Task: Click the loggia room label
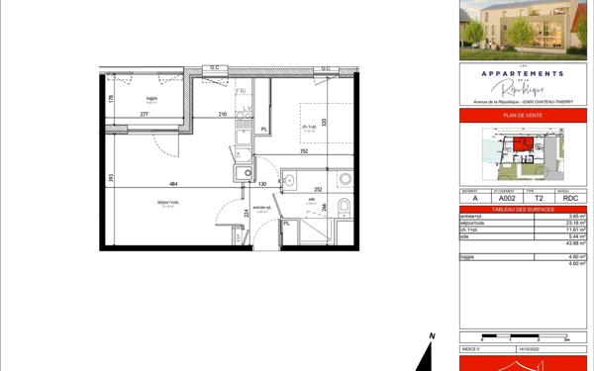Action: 151,98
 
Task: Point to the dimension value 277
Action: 145,115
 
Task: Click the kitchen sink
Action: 240,174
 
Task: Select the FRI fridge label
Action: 241,92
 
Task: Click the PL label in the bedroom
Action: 263,129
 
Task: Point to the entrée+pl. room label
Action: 261,207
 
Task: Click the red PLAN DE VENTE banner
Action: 523,116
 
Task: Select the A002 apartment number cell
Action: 507,198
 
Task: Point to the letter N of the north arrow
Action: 433,337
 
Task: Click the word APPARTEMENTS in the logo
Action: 522,73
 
